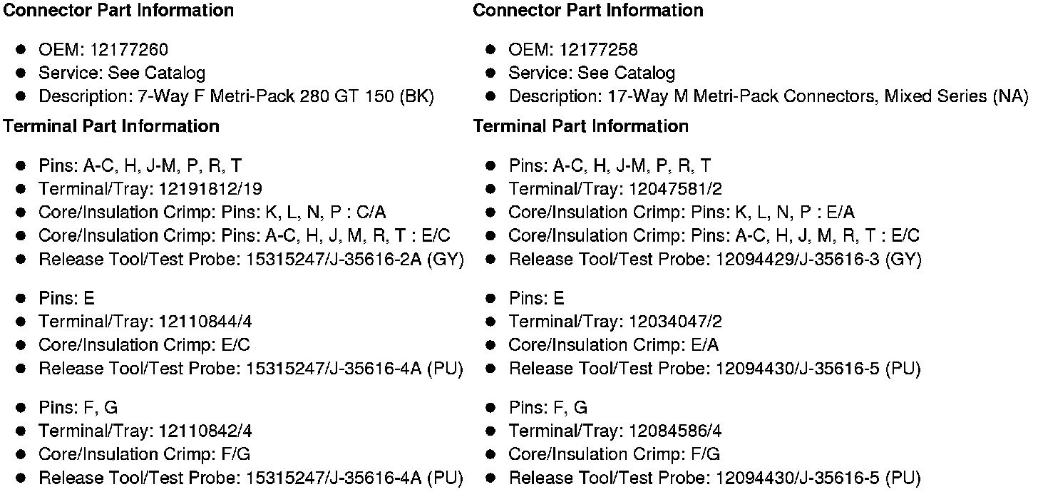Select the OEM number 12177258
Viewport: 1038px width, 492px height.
599,50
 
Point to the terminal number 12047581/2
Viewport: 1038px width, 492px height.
676,189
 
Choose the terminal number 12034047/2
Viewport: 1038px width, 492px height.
676,322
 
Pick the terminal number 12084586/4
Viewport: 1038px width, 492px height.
676,431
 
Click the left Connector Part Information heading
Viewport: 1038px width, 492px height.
118,11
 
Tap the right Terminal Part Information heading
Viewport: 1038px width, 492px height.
580,126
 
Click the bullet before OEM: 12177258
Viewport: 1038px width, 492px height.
490,50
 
